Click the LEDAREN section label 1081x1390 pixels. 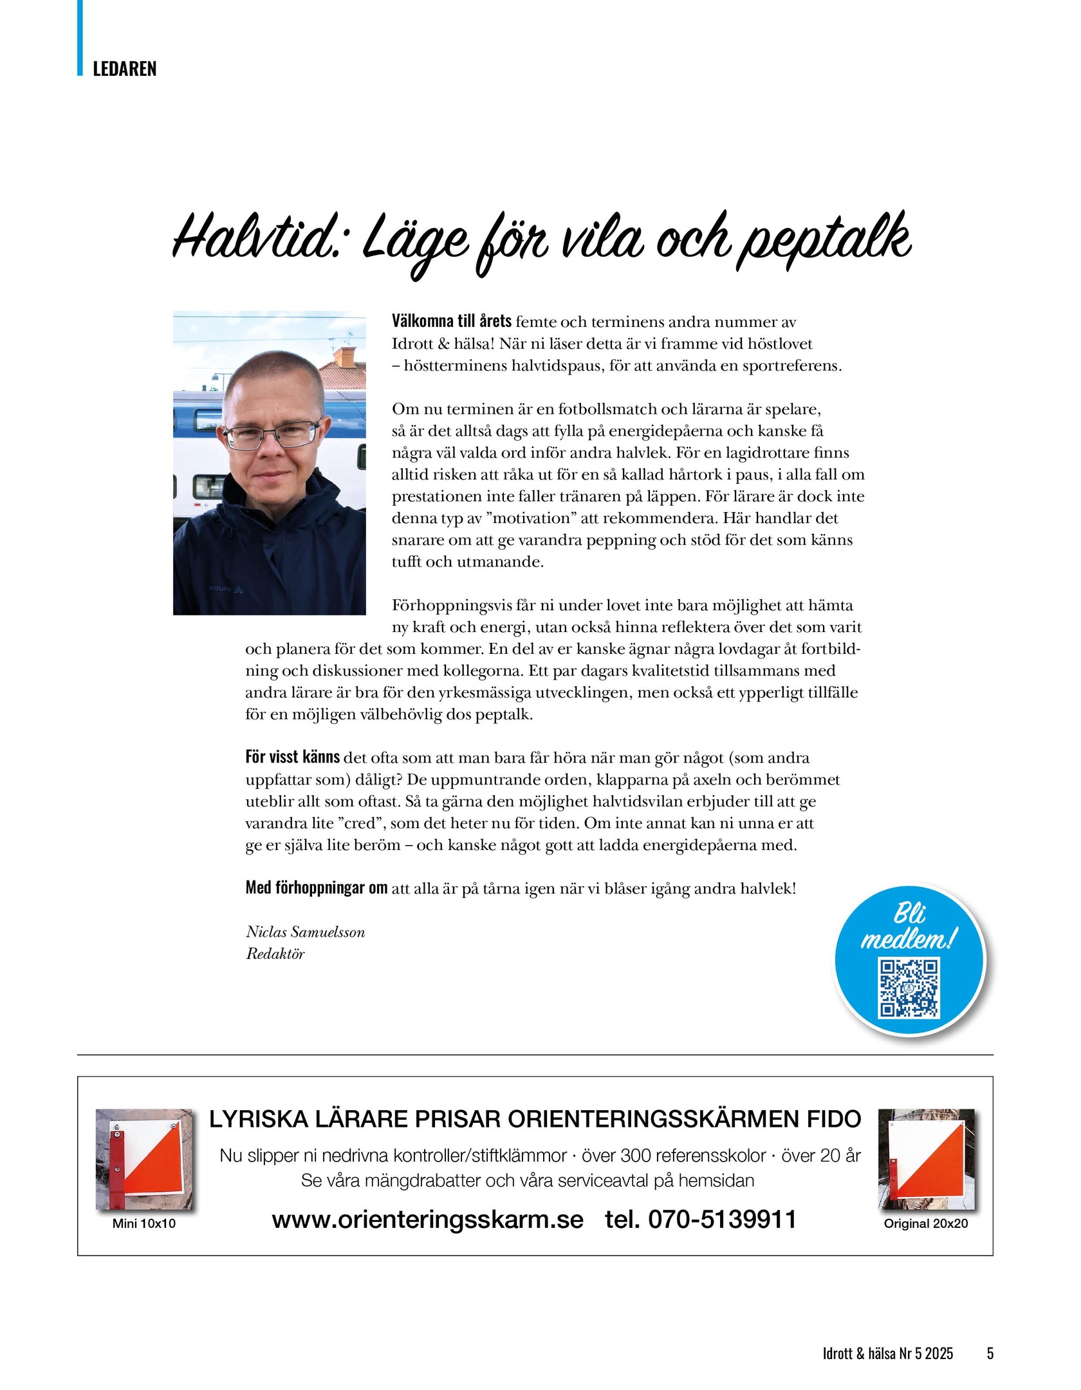point(124,69)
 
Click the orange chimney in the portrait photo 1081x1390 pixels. point(346,355)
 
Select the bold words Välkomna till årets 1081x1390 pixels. point(452,321)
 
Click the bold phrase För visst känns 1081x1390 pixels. point(293,757)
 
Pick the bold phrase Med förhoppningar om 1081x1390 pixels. point(317,888)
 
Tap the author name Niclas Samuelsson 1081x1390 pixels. point(305,932)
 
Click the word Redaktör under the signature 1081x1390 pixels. point(275,954)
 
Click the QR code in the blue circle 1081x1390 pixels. point(909,988)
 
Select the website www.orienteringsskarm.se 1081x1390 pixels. point(427,1219)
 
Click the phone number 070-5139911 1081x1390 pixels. point(722,1219)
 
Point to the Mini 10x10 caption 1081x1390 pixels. point(143,1223)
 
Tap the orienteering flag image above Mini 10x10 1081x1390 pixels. point(145,1160)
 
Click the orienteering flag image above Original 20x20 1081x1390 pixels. point(927,1160)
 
